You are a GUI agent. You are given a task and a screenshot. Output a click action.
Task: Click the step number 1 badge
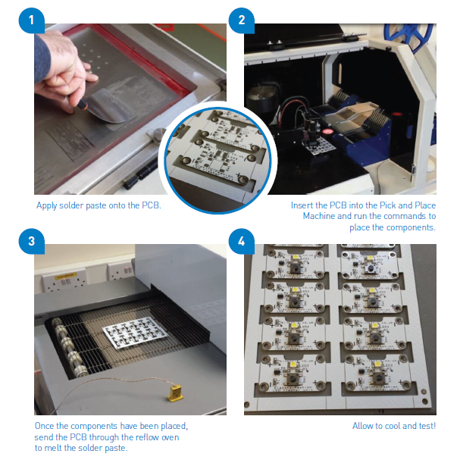[31, 20]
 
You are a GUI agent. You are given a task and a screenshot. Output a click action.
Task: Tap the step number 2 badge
[242, 20]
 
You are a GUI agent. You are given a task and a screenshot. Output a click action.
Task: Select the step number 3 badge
[31, 242]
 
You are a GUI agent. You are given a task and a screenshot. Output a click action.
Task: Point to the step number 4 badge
[242, 242]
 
